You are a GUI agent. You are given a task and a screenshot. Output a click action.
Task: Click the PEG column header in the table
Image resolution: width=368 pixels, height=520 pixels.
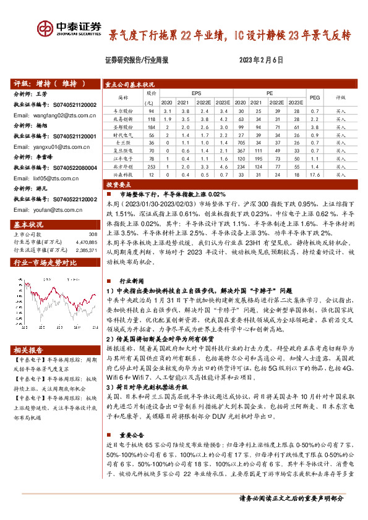pos(314,97)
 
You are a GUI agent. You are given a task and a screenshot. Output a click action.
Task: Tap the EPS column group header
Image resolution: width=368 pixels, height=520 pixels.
pos(197,93)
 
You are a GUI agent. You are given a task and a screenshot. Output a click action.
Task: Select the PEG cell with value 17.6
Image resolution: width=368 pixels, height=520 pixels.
pos(314,175)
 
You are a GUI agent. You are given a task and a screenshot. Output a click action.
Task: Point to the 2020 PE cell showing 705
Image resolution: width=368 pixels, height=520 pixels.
pos(241,142)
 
